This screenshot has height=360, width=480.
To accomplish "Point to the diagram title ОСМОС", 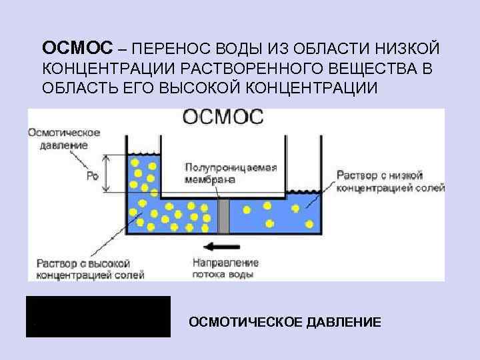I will click(224, 117).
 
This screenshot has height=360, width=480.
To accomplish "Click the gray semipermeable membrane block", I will click(225, 215).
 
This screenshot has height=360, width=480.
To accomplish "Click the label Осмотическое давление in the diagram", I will click(64, 138).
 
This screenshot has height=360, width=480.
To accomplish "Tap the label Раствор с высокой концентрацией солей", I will click(79, 268).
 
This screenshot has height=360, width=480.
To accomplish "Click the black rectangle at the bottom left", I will click(98, 317).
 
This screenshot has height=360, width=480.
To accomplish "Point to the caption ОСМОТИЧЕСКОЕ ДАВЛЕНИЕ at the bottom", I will click(285, 323).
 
